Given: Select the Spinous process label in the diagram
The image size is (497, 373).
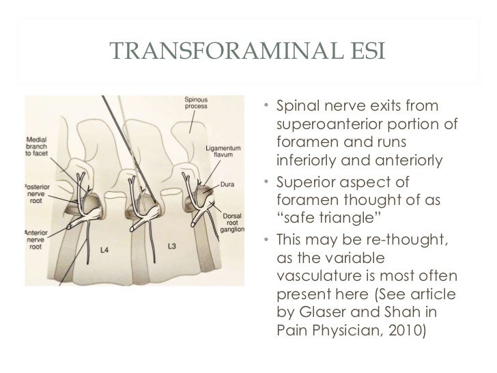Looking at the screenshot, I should [197, 102].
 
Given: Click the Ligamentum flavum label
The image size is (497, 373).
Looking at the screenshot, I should [223, 151].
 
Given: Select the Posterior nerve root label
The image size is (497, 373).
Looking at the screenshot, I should [40, 192].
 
